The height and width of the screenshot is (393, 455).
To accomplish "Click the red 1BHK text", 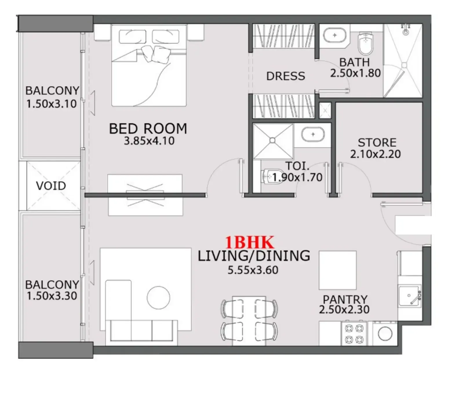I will pyautogui.click(x=250, y=242).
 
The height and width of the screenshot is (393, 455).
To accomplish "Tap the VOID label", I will pyautogui.click(x=51, y=186).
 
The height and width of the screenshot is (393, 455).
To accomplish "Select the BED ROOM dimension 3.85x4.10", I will pyautogui.click(x=149, y=141).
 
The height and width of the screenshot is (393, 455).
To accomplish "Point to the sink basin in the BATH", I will pyautogui.click(x=335, y=35).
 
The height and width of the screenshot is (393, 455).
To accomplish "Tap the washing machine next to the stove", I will pyautogui.click(x=385, y=334).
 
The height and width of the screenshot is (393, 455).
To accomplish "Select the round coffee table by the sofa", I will pyautogui.click(x=158, y=297).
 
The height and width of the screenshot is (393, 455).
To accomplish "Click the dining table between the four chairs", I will pyautogui.click(x=249, y=320).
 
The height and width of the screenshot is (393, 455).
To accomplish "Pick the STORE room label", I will pyautogui.click(x=377, y=142).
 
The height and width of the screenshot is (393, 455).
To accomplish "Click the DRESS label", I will pyautogui.click(x=285, y=76).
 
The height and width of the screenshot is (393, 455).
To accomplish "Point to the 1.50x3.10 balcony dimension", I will pyautogui.click(x=52, y=104).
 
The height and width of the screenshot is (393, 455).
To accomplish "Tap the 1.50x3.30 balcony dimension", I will pyautogui.click(x=52, y=296).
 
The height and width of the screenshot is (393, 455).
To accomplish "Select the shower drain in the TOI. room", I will pyautogui.click(x=272, y=140).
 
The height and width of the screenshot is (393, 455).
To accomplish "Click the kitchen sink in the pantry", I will pyautogui.click(x=409, y=296).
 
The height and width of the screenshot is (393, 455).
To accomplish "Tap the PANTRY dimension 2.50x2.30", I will pyautogui.click(x=344, y=310).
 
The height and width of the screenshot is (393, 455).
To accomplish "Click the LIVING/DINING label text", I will pyautogui.click(x=254, y=256).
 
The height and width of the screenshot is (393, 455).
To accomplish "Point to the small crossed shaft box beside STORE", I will pyautogui.click(x=325, y=110).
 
